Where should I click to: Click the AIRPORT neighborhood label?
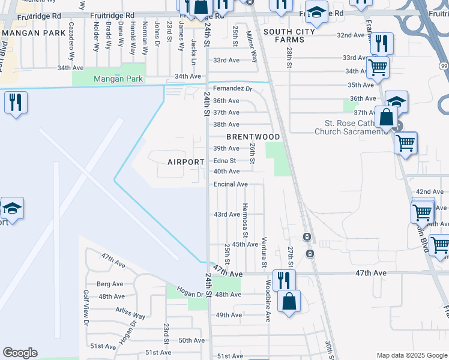[x=185, y=162]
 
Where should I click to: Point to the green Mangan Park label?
[x=118, y=79]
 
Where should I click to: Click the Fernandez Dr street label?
[x=234, y=89]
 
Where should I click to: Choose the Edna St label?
[x=224, y=161]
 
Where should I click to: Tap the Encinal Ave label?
[x=231, y=184]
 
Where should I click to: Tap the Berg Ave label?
[x=110, y=284]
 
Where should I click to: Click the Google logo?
[x=20, y=353]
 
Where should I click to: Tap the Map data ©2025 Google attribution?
[x=411, y=355]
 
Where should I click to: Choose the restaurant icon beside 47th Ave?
[x=283, y=280]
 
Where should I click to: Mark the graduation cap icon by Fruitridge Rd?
[x=316, y=12]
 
